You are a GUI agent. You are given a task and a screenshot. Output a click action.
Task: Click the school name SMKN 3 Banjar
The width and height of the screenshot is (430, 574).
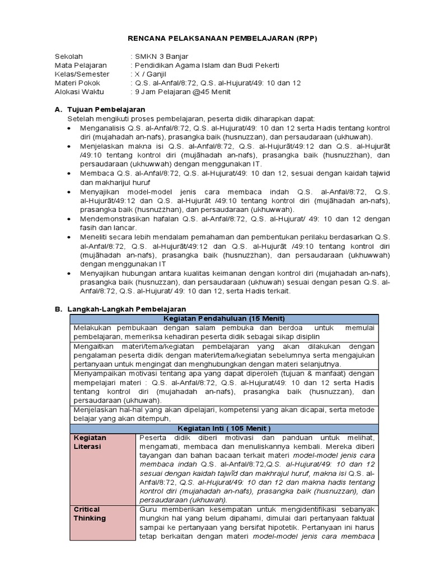(x=161, y=57)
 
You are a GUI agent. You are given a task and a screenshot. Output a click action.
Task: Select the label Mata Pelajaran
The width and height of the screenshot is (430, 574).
(x=81, y=66)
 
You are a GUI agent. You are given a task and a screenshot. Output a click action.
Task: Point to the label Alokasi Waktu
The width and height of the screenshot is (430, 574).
(x=80, y=92)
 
